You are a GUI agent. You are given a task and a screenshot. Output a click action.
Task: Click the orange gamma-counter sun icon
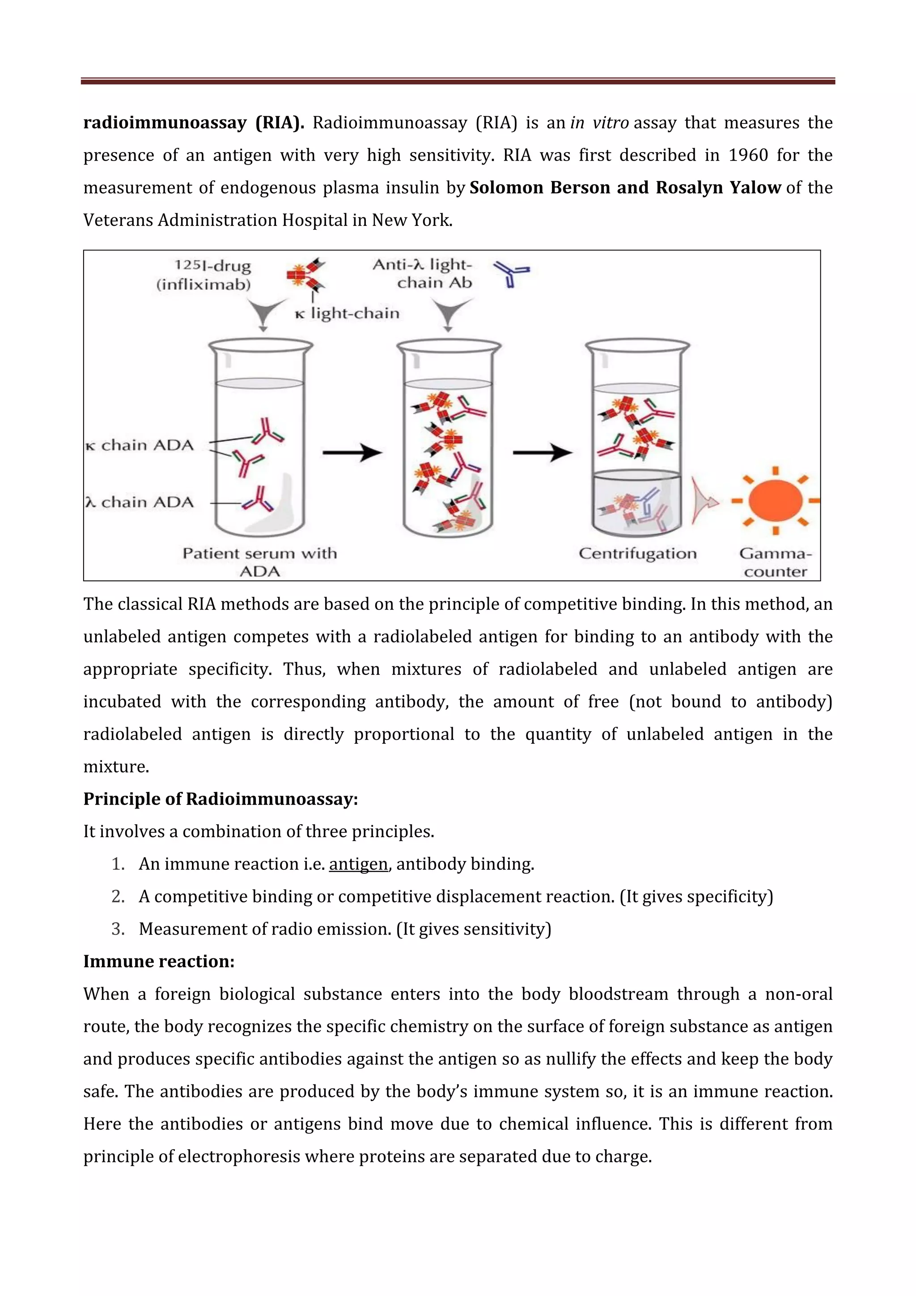click(776, 500)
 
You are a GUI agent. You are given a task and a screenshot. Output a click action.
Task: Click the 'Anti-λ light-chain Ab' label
click(422, 273)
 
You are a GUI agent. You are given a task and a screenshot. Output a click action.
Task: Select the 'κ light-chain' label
click(347, 313)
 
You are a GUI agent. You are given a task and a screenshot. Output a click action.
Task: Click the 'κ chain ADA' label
click(140, 445)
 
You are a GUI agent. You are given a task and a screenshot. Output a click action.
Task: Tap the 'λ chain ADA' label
click(140, 502)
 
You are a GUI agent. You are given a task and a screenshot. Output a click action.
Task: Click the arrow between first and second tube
click(352, 452)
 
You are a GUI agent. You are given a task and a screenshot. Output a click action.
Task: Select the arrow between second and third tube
click(542, 452)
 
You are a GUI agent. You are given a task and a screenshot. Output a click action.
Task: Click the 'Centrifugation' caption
click(638, 553)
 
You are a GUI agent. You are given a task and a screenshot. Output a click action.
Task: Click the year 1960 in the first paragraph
click(748, 155)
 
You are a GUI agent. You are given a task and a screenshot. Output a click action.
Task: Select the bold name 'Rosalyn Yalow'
click(718, 187)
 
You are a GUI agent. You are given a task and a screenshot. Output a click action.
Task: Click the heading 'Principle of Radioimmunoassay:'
click(221, 799)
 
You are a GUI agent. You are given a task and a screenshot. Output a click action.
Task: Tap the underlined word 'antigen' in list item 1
click(358, 864)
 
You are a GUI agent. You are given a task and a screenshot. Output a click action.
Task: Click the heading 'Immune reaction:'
click(159, 961)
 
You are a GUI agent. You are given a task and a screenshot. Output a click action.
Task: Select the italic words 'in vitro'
click(599, 123)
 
